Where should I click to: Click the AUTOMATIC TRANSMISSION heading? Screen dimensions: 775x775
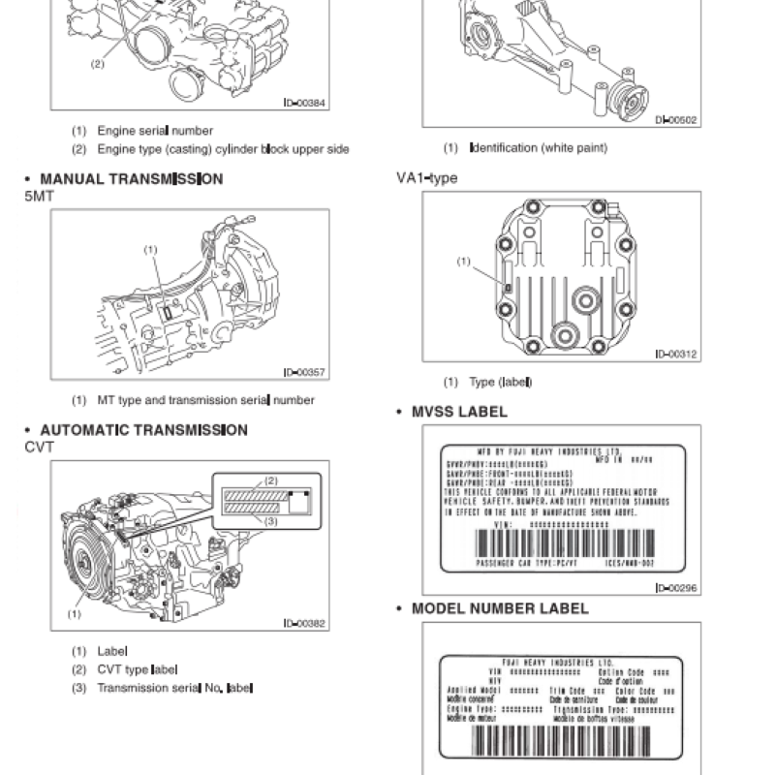(143, 430)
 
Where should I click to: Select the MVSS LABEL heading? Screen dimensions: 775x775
(459, 412)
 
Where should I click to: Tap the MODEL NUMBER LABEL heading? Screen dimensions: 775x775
(500, 609)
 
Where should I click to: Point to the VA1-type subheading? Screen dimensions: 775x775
(426, 178)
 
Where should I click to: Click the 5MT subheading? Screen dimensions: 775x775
(41, 196)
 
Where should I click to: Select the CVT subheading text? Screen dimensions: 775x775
(40, 447)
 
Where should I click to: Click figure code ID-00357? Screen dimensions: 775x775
(304, 372)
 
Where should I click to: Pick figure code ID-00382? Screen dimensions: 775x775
(304, 623)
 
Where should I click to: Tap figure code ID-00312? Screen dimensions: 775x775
(675, 355)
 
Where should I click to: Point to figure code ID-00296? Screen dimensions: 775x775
(675, 587)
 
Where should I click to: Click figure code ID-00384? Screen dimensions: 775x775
(304, 103)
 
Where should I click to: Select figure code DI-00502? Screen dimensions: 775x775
(675, 121)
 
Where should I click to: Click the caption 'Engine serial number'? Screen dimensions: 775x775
(155, 131)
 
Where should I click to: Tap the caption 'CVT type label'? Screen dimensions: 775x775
(138, 669)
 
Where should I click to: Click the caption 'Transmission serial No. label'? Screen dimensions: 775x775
(174, 688)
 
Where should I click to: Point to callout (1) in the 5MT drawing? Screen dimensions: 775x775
(150, 250)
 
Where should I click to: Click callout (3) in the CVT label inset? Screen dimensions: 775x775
(271, 520)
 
